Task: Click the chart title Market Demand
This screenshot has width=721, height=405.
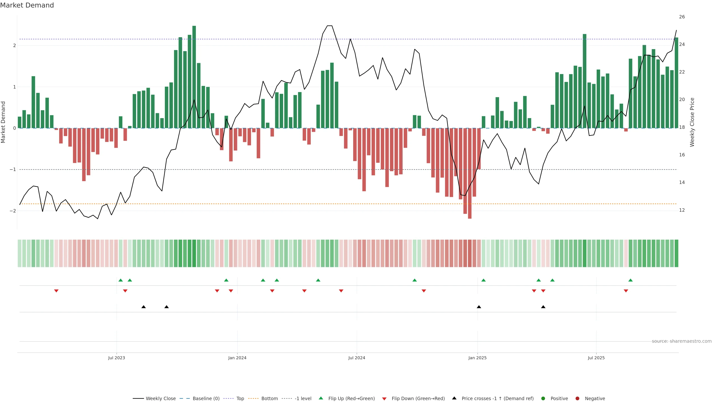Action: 27,5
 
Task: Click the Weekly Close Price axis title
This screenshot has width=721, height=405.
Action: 692,122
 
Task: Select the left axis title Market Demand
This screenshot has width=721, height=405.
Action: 3,122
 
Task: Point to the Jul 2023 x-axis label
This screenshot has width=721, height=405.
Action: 116,358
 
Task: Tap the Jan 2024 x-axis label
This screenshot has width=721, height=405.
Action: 237,358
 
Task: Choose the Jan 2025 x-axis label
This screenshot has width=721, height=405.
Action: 477,358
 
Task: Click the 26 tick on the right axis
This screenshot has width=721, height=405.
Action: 682,17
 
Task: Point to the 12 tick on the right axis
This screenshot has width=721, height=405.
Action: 682,210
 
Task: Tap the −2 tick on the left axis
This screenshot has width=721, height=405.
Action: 13,211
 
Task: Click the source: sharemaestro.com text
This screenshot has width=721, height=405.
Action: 682,341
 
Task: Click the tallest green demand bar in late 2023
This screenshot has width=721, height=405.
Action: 194,77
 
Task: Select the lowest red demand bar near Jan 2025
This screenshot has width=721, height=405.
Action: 470,173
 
